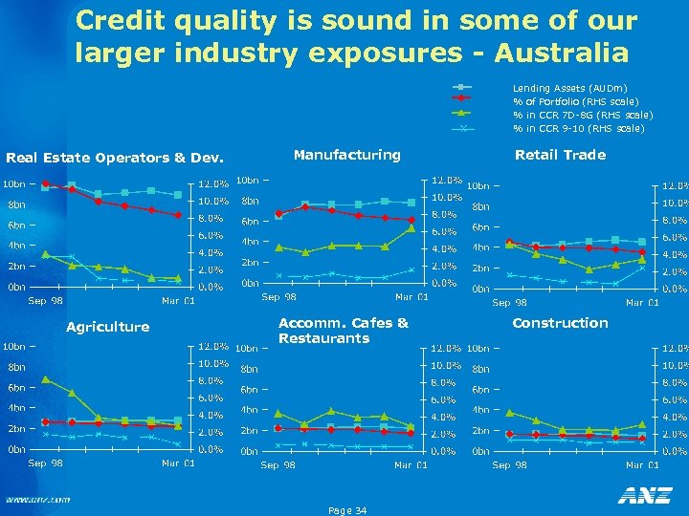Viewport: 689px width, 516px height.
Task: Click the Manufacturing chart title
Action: click(x=346, y=154)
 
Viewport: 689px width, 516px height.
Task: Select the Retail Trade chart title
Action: click(x=560, y=155)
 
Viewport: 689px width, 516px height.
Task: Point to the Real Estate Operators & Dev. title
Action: click(x=115, y=158)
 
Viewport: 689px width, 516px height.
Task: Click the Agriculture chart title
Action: click(x=107, y=327)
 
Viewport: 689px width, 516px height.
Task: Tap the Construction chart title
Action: click(x=560, y=323)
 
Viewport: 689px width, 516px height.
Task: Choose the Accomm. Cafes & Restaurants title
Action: click(x=343, y=331)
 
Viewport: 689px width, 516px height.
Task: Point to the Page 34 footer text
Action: click(x=346, y=510)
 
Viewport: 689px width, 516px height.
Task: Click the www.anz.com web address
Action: click(x=38, y=499)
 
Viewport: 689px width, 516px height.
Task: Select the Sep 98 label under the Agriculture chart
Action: click(x=45, y=463)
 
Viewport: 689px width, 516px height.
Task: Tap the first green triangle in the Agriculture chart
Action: click(x=45, y=379)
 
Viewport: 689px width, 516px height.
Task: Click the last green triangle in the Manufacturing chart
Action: click(x=411, y=228)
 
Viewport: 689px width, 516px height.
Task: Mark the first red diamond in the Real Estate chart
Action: click(x=45, y=183)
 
